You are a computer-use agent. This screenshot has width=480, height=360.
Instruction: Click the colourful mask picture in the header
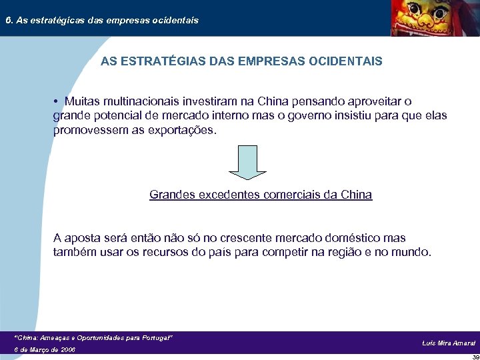point(428,18)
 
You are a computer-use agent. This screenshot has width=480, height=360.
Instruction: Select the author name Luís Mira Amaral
point(449,343)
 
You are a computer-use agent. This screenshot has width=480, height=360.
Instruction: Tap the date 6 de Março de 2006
point(45,349)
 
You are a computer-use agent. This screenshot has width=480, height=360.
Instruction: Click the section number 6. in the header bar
point(9,20)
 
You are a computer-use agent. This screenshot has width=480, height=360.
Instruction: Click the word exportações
point(183,129)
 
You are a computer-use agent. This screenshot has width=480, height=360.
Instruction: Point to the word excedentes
point(221,195)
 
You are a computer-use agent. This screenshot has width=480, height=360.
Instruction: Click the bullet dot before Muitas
point(58,102)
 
